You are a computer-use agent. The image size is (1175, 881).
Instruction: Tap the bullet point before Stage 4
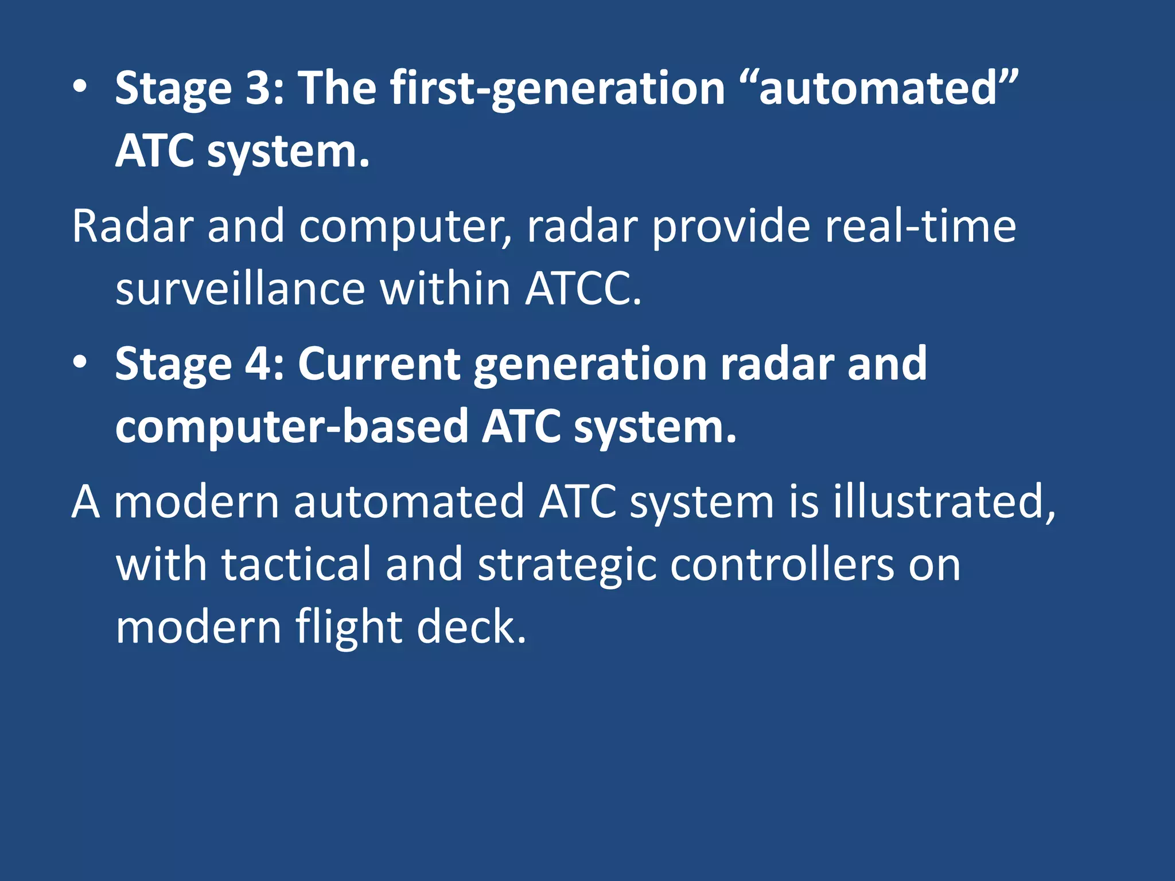(x=80, y=362)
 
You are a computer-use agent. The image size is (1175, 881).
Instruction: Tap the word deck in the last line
(x=470, y=627)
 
